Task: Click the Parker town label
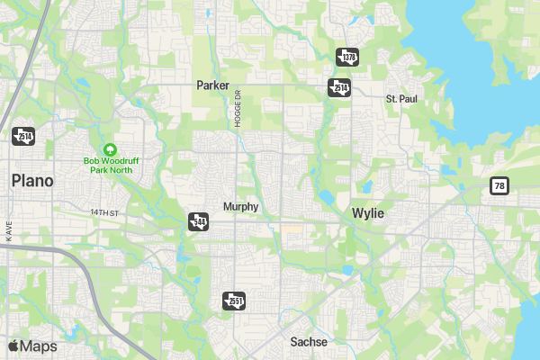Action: [x=213, y=85]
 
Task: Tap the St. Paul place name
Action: [x=401, y=97]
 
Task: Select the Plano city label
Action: [x=32, y=181]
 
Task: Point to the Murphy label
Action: [x=240, y=206]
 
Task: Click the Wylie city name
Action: [x=367, y=213]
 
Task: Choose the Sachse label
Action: [x=309, y=342]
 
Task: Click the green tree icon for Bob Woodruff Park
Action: [x=110, y=148]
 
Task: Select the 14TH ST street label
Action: [x=104, y=212]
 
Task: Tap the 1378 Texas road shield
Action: [x=347, y=57]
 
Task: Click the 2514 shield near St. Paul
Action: [x=338, y=87]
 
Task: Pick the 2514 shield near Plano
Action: [x=22, y=136]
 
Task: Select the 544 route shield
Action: [x=198, y=220]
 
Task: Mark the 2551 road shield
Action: [x=233, y=300]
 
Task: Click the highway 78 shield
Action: [x=499, y=185]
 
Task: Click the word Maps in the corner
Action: [x=39, y=346]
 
